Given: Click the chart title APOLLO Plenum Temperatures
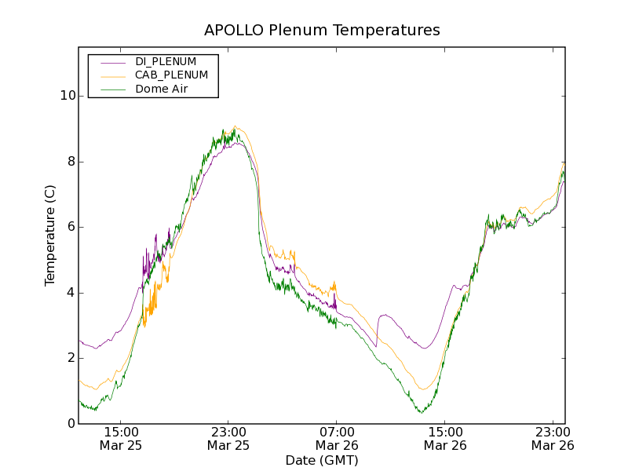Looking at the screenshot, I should click(x=322, y=31).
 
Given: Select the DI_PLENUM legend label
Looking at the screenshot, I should click(x=166, y=61).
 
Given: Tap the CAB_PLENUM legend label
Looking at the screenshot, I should click(x=171, y=75).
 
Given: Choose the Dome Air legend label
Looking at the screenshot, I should click(x=162, y=89).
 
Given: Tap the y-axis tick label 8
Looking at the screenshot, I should click(x=70, y=162).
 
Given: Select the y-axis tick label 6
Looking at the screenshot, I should click(x=70, y=227).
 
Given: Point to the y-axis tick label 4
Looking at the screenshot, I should click(x=70, y=293).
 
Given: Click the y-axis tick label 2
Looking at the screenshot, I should click(x=70, y=358).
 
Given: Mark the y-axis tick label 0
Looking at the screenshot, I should click(x=70, y=424).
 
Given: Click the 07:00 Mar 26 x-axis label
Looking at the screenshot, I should click(x=336, y=438).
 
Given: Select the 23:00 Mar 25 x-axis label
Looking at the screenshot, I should click(x=228, y=438).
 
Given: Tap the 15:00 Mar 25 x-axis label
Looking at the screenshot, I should click(x=120, y=438).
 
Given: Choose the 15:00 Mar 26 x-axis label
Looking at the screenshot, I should click(x=444, y=438).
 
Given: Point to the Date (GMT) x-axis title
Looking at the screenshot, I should click(x=322, y=460).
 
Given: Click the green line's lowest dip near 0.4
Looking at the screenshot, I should click(x=422, y=411).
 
